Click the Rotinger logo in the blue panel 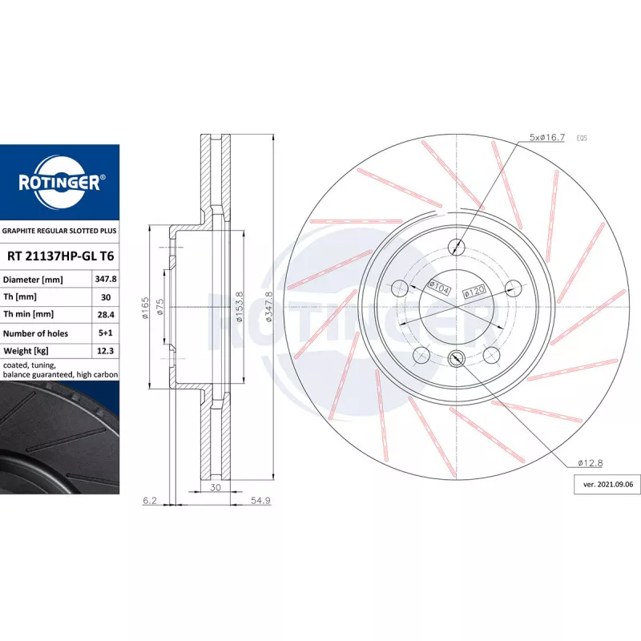point(60,183)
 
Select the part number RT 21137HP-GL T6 point(61,256)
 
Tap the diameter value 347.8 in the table point(106,279)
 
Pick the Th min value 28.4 point(106,315)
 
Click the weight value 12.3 point(106,351)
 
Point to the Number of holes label point(35,333)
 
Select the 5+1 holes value point(106,333)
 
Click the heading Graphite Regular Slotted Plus point(59,231)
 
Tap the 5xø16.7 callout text point(547,137)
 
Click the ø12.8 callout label point(591,463)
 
